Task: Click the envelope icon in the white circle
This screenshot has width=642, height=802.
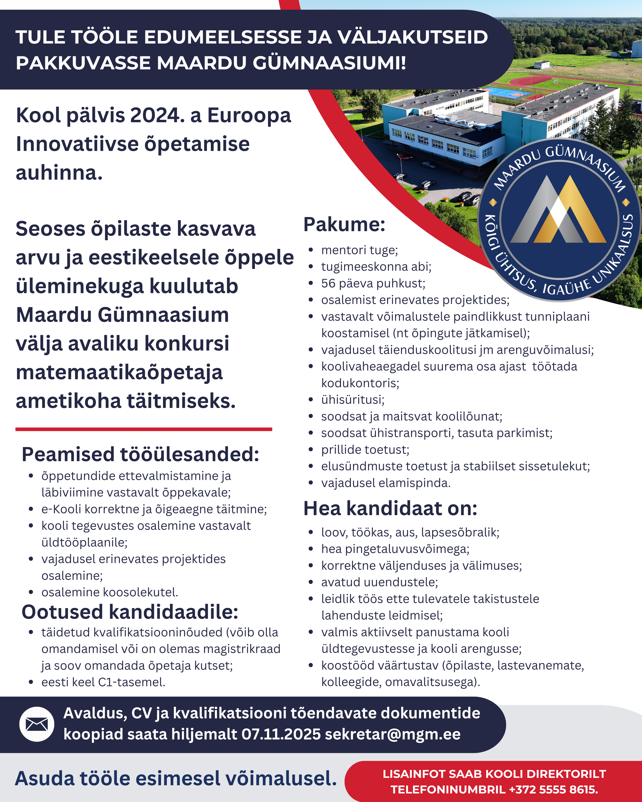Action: coord(37,724)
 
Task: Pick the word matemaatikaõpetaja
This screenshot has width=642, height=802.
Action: coord(119,372)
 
